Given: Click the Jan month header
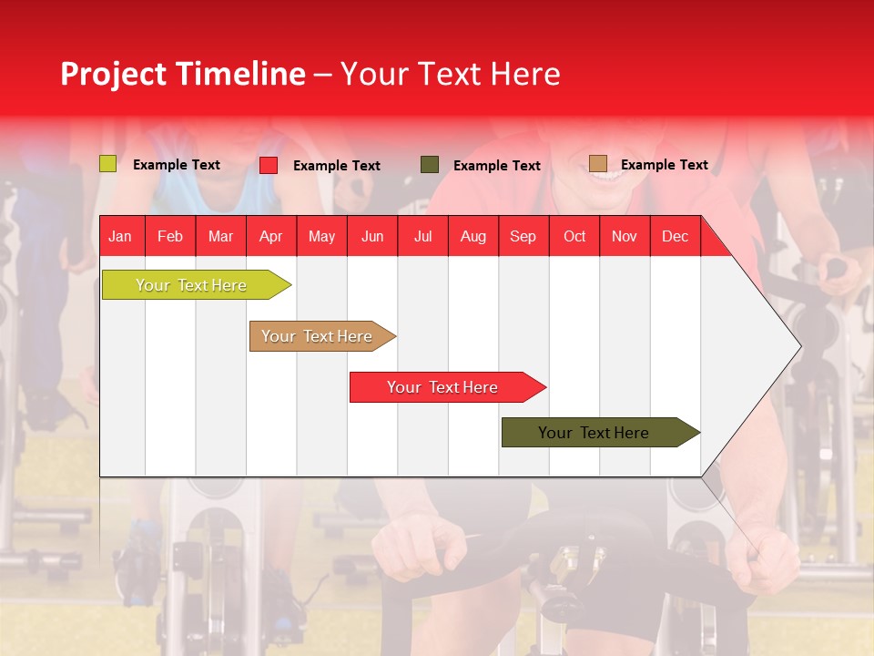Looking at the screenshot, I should [x=120, y=236].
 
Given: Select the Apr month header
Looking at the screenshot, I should [x=270, y=236].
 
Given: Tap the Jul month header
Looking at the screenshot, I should [x=422, y=236].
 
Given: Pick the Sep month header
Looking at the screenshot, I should [x=523, y=236].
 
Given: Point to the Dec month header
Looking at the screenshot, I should [x=675, y=236].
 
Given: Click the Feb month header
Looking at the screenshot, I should [x=170, y=236].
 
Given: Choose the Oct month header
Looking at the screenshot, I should [x=574, y=236].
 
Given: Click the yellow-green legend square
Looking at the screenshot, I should [x=107, y=164].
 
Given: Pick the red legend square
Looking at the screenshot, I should [x=268, y=165].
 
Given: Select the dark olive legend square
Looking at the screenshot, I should [x=430, y=165].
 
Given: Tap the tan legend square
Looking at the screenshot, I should [x=597, y=164].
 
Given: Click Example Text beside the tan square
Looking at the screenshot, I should [x=664, y=165].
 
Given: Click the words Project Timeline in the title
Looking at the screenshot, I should [x=182, y=74].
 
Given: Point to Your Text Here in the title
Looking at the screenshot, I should [x=450, y=74].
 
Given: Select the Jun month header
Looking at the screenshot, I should [x=372, y=236].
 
